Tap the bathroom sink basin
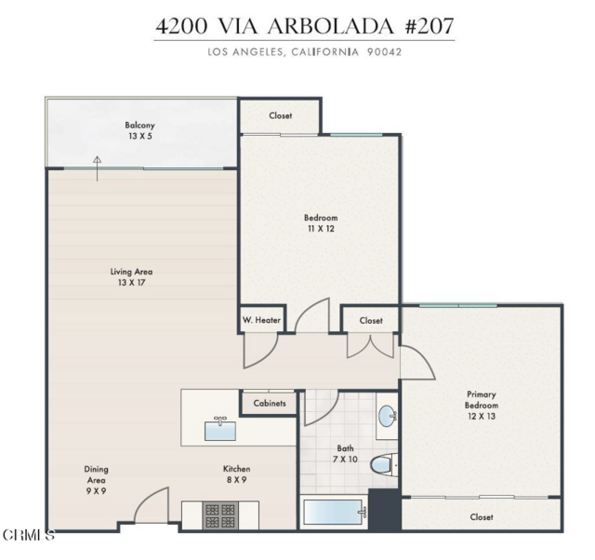click(387, 415)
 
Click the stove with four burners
click(220, 515)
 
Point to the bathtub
click(333, 514)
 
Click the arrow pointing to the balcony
click(98, 168)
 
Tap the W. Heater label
click(261, 320)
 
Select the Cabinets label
click(269, 403)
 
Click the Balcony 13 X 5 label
click(140, 131)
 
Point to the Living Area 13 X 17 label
click(131, 277)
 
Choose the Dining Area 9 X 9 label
click(96, 480)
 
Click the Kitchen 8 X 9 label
click(236, 474)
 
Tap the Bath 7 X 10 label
click(345, 454)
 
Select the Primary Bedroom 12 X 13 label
click(481, 405)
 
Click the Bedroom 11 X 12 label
click(321, 223)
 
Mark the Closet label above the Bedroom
click(280, 115)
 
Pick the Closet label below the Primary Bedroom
click(482, 517)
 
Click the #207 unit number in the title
click(429, 26)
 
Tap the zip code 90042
click(384, 52)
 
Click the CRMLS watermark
click(28, 535)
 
